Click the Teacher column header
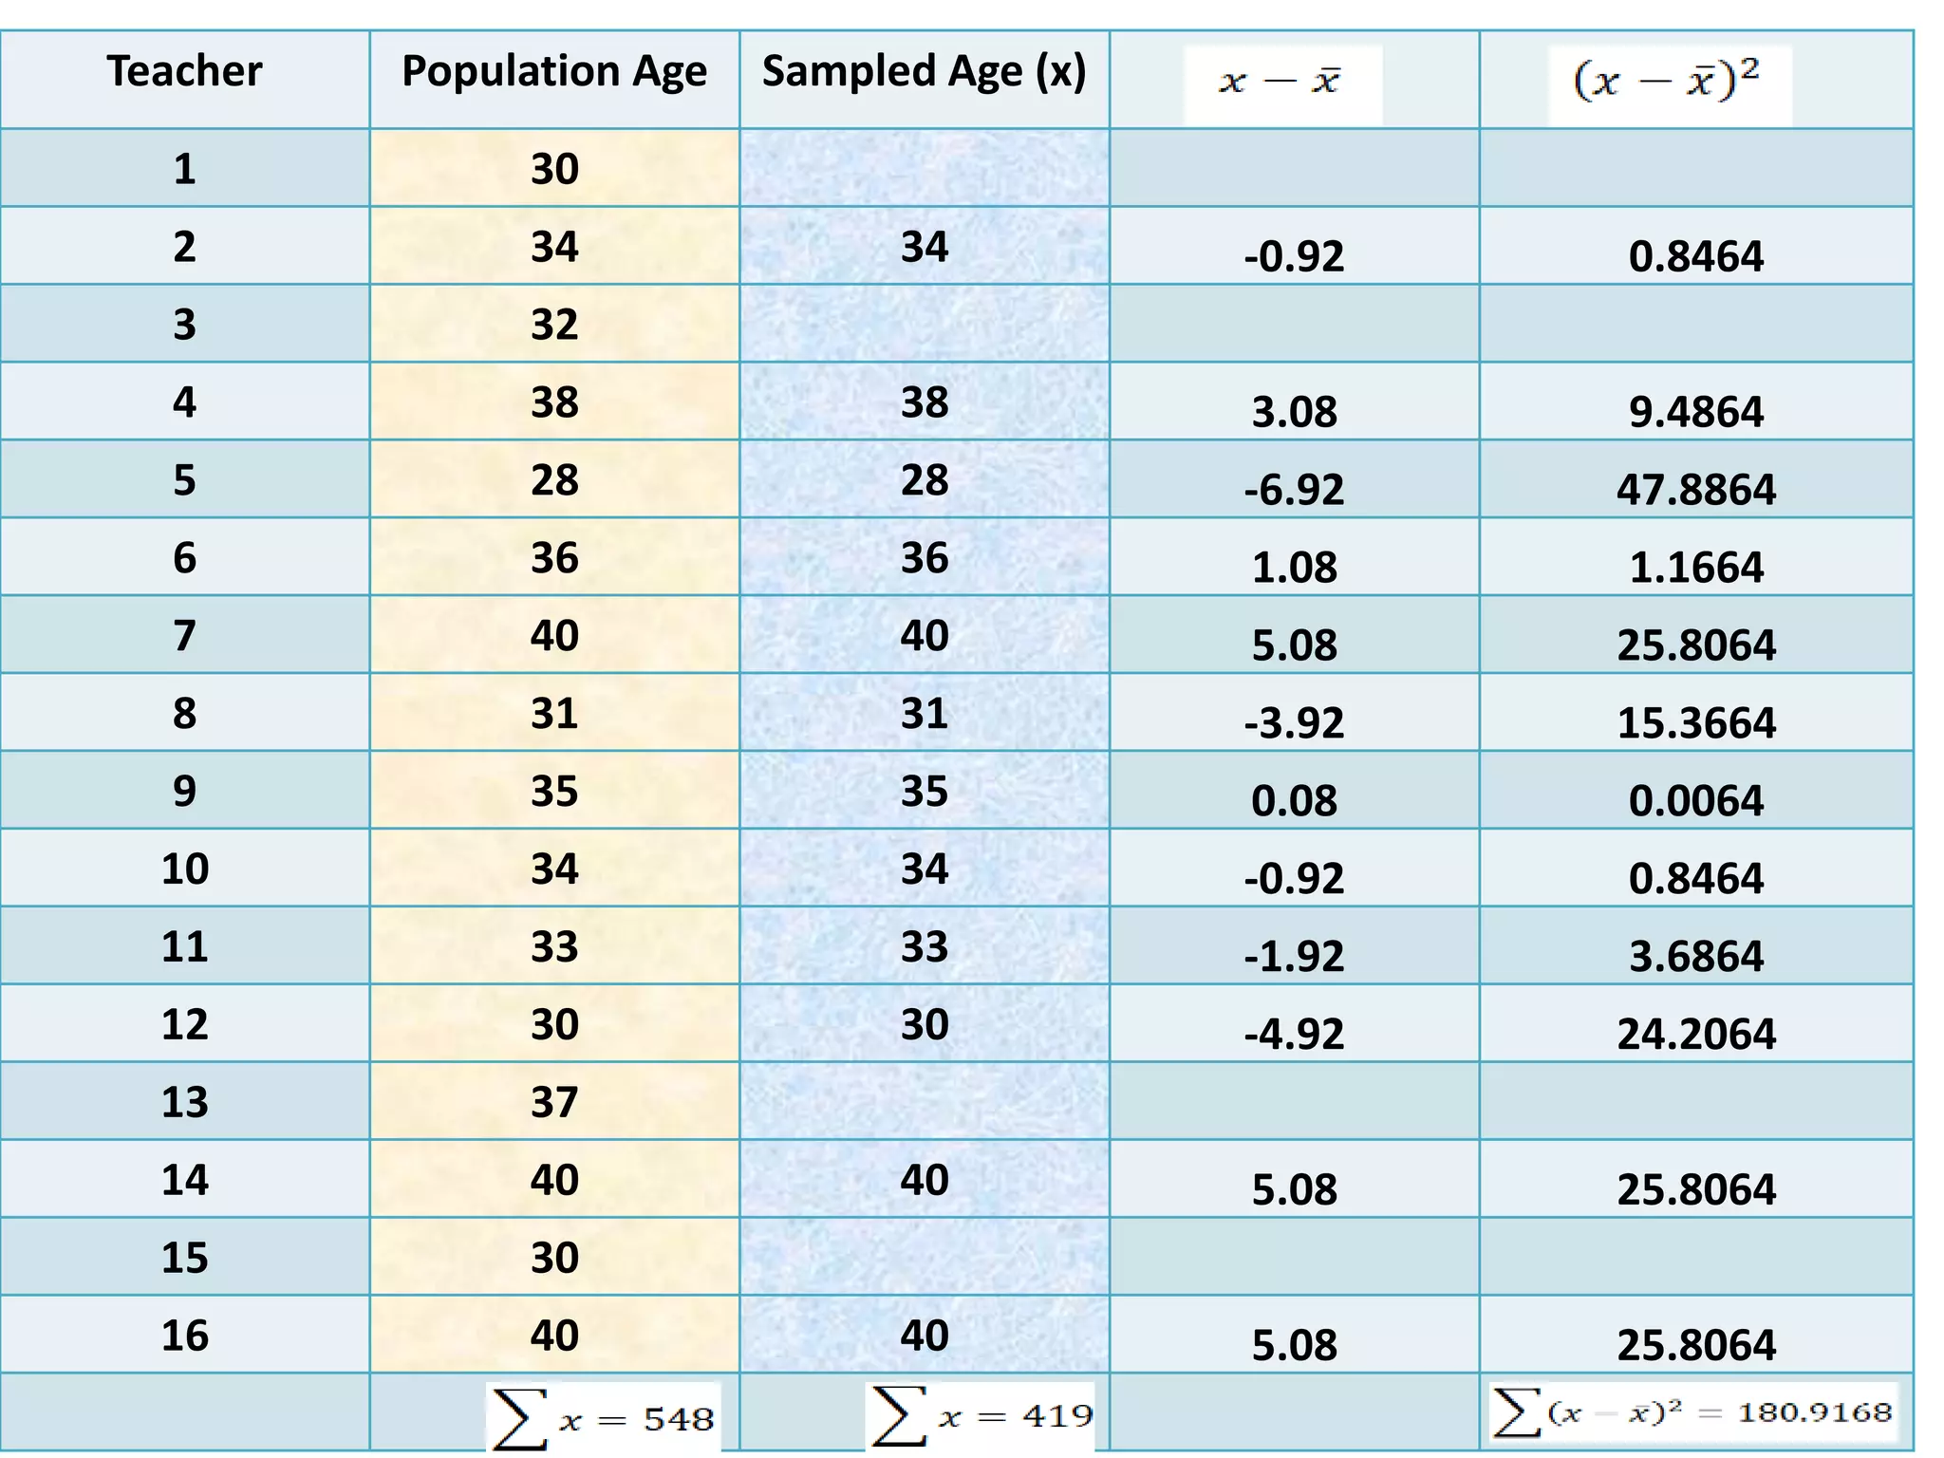coord(184,72)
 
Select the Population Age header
coord(554,72)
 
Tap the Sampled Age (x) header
coord(924,72)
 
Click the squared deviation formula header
coord(1667,82)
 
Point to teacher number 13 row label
coord(184,1102)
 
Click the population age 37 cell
coord(554,1102)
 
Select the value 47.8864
coord(1696,490)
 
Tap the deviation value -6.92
coord(1294,490)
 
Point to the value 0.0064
coord(1696,801)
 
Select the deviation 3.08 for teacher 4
coord(1294,412)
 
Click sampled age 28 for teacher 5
coord(924,480)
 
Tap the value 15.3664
coord(1696,723)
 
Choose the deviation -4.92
coord(1294,1034)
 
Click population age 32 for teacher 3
coord(554,325)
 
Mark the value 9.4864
coord(1696,412)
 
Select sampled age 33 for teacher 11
coord(924,947)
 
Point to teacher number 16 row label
coord(184,1336)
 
